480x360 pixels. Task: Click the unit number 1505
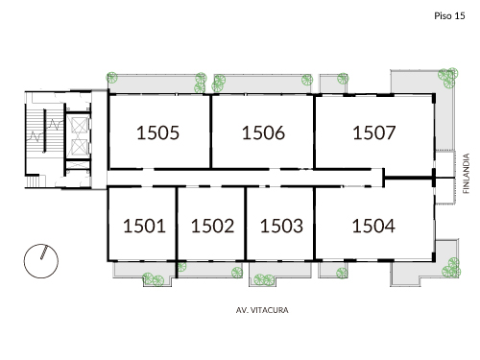pos(158,133)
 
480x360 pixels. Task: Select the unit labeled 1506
pos(263,133)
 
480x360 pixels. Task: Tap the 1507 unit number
pos(374,133)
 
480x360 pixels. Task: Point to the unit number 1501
pos(144,227)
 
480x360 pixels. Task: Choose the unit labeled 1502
pos(212,227)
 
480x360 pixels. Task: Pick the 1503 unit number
pos(281,227)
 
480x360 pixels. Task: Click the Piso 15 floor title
pos(449,16)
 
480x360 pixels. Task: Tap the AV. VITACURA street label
pos(262,311)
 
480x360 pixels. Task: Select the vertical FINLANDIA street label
pos(467,174)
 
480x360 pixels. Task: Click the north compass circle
pos(42,259)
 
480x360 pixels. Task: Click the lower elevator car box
pos(77,152)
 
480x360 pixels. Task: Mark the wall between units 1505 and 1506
pos(211,132)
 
